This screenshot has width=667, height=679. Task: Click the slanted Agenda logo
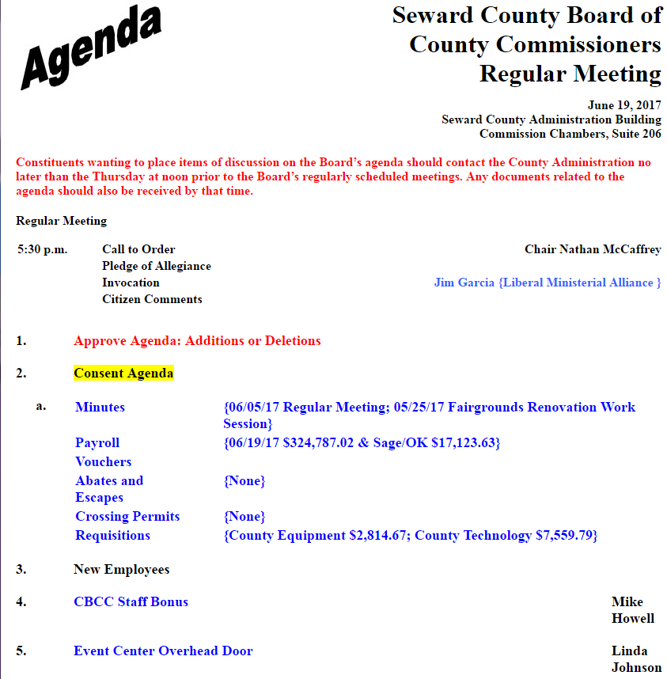tap(91, 46)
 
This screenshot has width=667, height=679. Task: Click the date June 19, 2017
tap(624, 105)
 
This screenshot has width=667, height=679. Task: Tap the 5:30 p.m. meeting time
tap(43, 249)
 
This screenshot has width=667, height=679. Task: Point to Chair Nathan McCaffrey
tap(593, 249)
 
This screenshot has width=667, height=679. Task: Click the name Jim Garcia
tap(464, 283)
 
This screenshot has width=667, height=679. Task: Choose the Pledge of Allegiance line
tap(157, 266)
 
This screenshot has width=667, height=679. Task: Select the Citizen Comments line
tap(152, 299)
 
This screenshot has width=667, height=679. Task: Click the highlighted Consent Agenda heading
tap(123, 373)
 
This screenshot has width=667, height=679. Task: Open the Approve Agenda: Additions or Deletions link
tap(197, 341)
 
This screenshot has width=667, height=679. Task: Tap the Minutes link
tap(100, 408)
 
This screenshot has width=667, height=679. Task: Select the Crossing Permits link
tap(127, 517)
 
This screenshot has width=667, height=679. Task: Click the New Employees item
tap(121, 569)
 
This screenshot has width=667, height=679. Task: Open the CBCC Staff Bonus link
tap(131, 602)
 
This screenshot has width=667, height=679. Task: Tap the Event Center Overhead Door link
tap(163, 651)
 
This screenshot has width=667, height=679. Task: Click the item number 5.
tap(21, 651)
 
